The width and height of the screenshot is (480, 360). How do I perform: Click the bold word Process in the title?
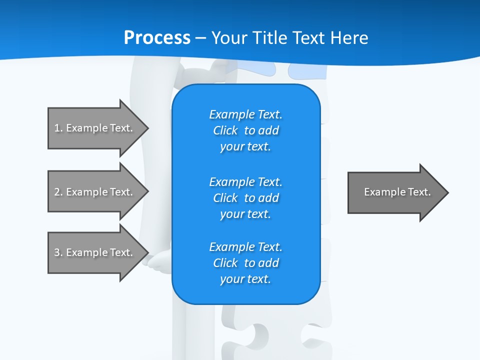pyautogui.click(x=157, y=37)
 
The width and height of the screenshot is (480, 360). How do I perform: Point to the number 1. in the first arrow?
pyautogui.click(x=58, y=128)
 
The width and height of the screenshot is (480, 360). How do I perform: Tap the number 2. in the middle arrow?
pyautogui.click(x=58, y=192)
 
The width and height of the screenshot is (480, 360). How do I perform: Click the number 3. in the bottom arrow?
pyautogui.click(x=58, y=252)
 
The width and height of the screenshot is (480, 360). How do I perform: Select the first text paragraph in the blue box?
pyautogui.click(x=245, y=130)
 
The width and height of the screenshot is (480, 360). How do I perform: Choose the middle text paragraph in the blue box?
pyautogui.click(x=245, y=197)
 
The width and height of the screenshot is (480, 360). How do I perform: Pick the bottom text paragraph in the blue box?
pyautogui.click(x=245, y=263)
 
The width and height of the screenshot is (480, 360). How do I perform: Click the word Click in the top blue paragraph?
pyautogui.click(x=225, y=130)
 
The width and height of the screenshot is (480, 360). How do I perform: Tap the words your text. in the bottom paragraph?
pyautogui.click(x=245, y=279)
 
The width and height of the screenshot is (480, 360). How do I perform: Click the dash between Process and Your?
pyautogui.click(x=201, y=38)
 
